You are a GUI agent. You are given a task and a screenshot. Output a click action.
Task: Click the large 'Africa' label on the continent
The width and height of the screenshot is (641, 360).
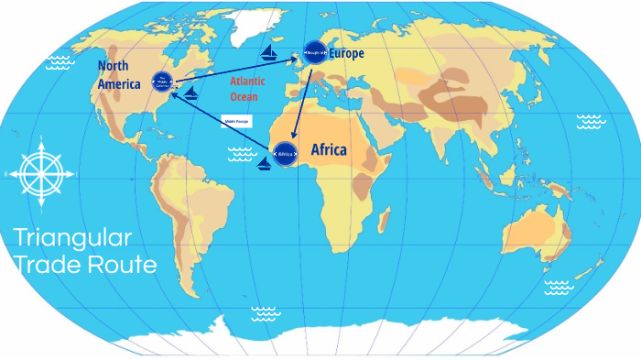tap(329, 149)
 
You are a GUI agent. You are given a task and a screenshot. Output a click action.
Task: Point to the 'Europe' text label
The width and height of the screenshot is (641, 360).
tap(347, 54)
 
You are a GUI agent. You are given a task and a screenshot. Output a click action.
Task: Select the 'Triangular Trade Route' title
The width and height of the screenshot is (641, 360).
tap(85, 252)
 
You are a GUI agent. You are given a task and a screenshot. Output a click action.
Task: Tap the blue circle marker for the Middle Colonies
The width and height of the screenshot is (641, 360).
tap(163, 82)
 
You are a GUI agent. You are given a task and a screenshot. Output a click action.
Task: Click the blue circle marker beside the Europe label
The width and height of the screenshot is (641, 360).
tap(314, 52)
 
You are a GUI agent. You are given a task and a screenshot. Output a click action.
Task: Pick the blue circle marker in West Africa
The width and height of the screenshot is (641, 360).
tap(286, 153)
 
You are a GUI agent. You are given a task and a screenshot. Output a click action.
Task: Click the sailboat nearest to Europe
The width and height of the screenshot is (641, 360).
tap(269, 54)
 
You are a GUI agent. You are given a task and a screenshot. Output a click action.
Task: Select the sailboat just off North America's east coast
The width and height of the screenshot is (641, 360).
tap(190, 93)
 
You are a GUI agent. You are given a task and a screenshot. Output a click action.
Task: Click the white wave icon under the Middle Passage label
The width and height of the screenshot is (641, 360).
tap(243, 155)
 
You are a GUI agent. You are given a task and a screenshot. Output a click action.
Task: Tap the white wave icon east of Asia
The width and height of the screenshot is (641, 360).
tap(591, 121)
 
